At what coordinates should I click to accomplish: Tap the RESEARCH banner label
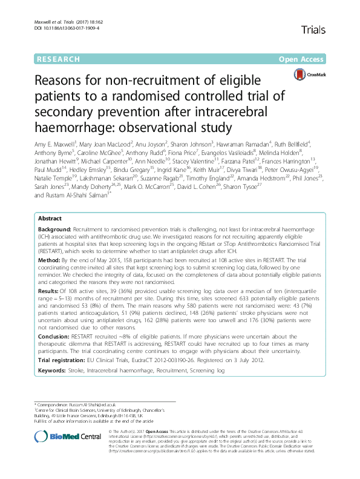58,59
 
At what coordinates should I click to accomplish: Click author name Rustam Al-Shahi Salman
77,230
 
